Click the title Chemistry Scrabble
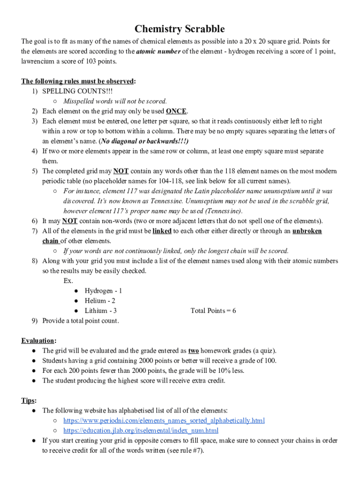[x=180, y=29]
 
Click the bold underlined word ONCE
[x=176, y=111]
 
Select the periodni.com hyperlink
[x=164, y=421]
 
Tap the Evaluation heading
[x=38, y=341]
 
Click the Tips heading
[x=29, y=400]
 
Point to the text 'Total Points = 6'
[x=213, y=311]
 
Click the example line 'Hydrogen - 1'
[x=103, y=291]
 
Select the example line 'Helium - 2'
[x=100, y=301]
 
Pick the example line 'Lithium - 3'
[x=101, y=311]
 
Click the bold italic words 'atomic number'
[x=158, y=51]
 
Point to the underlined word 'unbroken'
[x=307, y=231]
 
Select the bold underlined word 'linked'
[x=162, y=231]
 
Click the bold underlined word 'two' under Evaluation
[x=193, y=350]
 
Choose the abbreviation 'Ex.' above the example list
[x=68, y=281]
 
